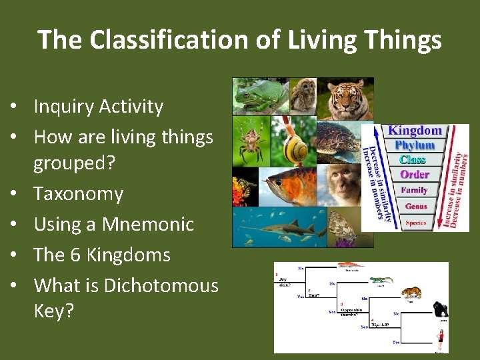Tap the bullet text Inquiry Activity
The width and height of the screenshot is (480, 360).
click(x=98, y=107)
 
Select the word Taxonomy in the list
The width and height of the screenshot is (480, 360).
click(x=78, y=194)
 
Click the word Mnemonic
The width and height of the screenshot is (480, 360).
click(x=147, y=225)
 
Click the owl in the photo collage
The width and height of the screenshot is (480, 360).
click(x=303, y=95)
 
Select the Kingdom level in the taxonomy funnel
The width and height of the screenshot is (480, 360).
click(x=414, y=131)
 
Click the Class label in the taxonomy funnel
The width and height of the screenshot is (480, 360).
click(x=413, y=159)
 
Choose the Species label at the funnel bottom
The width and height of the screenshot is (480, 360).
click(x=415, y=223)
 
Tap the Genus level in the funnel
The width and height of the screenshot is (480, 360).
click(x=415, y=207)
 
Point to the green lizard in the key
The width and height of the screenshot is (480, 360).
click(x=381, y=281)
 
